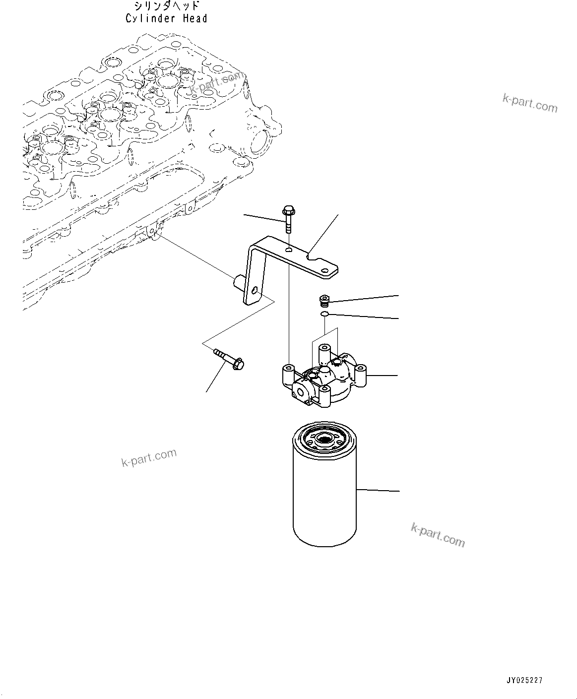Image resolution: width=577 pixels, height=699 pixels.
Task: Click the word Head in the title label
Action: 194,19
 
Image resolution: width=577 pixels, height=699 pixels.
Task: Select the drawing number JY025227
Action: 524,680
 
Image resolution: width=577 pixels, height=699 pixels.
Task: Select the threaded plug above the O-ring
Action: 324,301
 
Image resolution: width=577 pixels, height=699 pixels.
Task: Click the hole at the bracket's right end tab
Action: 325,271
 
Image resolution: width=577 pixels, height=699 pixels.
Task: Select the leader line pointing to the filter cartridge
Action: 377,490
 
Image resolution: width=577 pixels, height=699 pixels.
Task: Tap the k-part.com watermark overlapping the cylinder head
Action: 217,83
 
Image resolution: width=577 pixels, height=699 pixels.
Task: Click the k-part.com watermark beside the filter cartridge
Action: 438,535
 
